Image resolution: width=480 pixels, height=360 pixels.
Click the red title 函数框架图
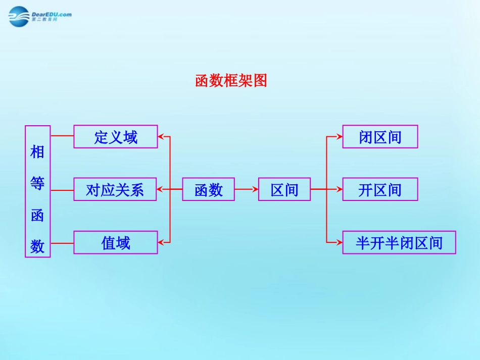tap(231, 80)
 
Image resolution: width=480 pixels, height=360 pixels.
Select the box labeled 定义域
tap(116, 136)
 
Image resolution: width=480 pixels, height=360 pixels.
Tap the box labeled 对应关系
tap(115, 189)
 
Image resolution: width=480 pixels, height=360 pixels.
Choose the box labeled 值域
tap(116, 242)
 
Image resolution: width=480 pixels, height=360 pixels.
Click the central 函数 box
tap(208, 189)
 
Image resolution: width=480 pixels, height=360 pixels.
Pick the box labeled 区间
tap(284, 189)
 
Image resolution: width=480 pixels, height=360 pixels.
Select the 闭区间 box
tap(380, 136)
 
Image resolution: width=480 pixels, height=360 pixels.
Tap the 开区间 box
tap(380, 189)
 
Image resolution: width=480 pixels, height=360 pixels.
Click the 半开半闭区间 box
tap(399, 242)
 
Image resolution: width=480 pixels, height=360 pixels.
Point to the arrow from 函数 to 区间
tap(246, 189)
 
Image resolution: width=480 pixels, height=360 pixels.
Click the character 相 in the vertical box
tap(37, 151)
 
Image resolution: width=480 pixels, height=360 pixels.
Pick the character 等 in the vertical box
tap(37, 183)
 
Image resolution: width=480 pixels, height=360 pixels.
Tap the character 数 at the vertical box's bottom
tap(37, 246)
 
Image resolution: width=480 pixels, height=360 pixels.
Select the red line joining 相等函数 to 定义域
tap(62, 136)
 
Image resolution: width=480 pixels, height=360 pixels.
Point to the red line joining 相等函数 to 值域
tap(62, 242)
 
